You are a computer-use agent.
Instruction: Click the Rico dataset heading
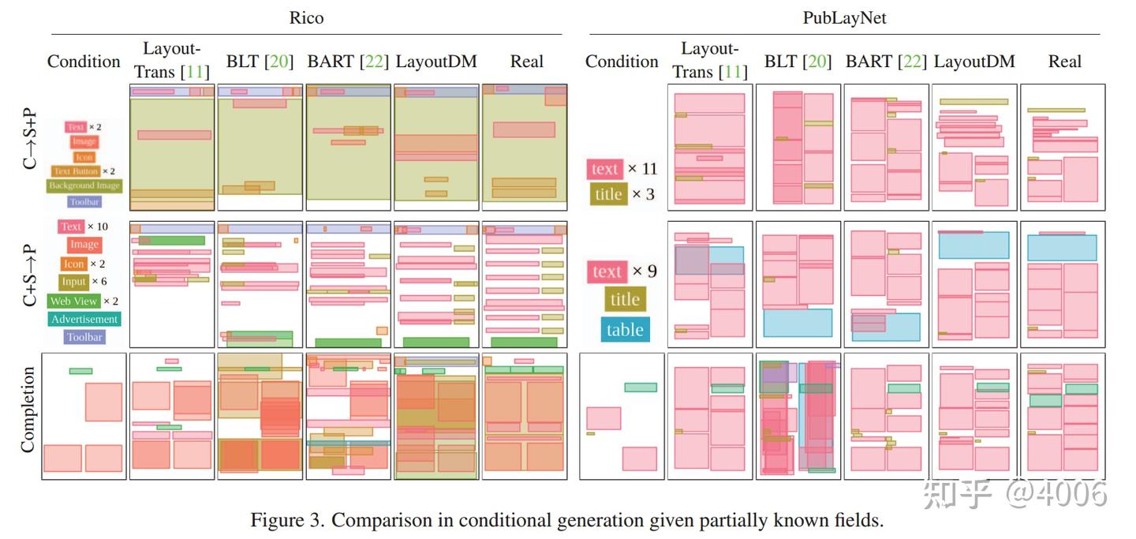(306, 17)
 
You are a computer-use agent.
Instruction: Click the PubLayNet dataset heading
(844, 17)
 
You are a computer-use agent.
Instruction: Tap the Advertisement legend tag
(84, 320)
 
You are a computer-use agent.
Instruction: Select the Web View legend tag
(73, 301)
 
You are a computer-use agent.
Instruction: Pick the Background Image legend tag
(84, 186)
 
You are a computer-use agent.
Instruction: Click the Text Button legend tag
(76, 171)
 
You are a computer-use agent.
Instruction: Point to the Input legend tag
(73, 282)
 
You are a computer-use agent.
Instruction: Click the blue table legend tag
(625, 330)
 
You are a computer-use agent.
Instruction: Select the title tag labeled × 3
(608, 194)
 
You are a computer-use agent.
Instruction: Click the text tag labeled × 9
(607, 271)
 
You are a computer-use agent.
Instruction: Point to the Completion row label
(28, 410)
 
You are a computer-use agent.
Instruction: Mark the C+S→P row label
(29, 275)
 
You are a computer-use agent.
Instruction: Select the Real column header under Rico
(526, 62)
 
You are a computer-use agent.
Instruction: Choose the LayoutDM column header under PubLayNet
(974, 62)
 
